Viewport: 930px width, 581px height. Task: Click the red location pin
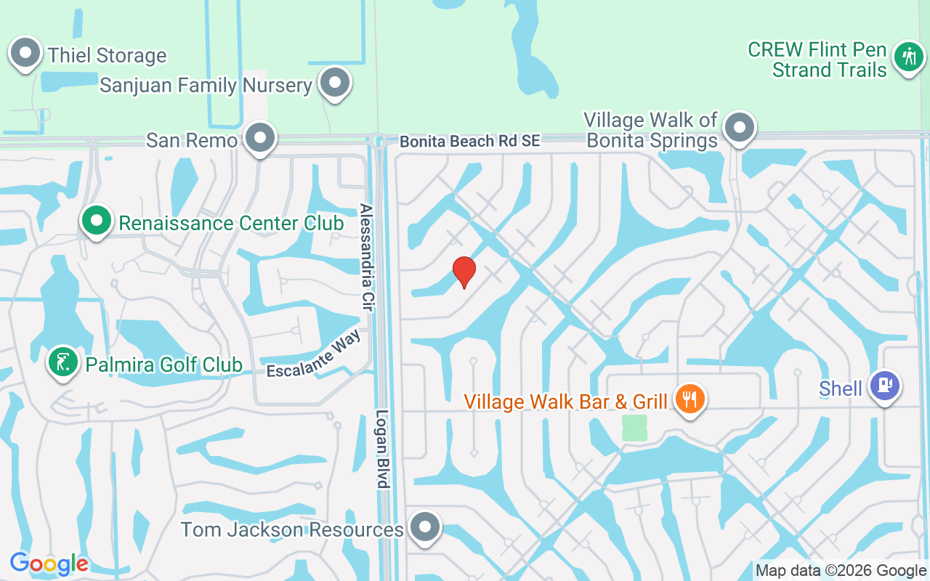(x=464, y=272)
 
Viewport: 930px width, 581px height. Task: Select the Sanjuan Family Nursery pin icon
(x=335, y=82)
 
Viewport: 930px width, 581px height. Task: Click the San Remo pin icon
(x=259, y=137)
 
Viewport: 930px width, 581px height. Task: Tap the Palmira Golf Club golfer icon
(x=63, y=362)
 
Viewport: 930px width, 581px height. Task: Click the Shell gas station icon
(x=884, y=386)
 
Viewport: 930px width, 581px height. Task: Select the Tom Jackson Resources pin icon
(x=425, y=527)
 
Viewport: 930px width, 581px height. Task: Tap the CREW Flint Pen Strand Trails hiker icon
(x=907, y=56)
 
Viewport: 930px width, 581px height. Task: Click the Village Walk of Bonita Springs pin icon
(x=739, y=127)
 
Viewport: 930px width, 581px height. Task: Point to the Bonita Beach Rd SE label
(x=470, y=142)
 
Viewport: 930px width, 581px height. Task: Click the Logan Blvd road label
(x=383, y=449)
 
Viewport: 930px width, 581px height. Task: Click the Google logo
(x=49, y=564)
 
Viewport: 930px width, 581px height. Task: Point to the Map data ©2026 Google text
(x=841, y=571)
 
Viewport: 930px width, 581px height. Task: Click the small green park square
(x=634, y=427)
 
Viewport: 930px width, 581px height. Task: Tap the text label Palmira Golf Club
(x=163, y=364)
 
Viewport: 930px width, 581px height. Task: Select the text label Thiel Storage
(x=107, y=55)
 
